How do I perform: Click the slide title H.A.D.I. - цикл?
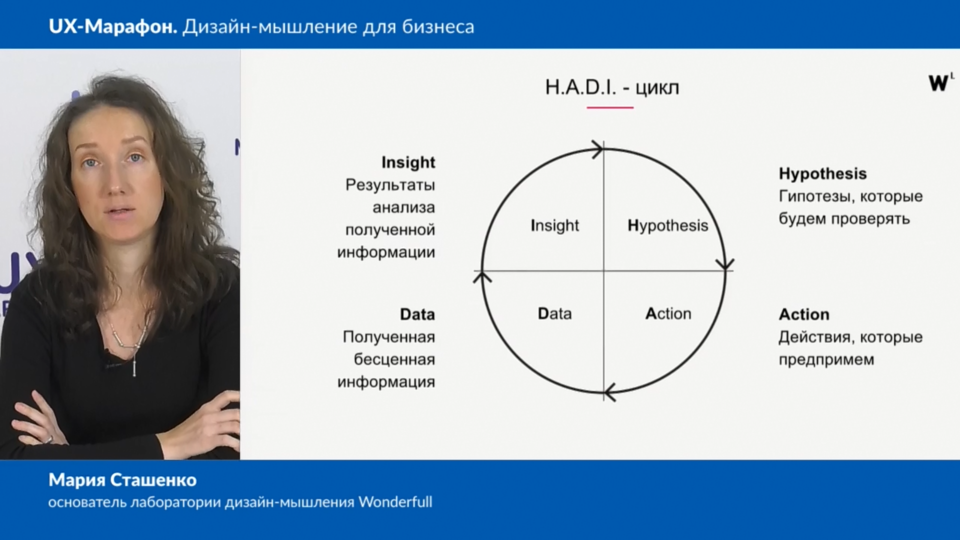coord(612,87)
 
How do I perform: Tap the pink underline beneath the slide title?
coord(610,107)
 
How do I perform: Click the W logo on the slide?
coord(940,82)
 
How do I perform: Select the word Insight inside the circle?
coord(554,225)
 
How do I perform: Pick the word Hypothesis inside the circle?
coord(668,225)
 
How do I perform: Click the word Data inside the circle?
coord(554,313)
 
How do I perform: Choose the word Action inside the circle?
coord(668,313)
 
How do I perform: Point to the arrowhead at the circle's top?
coord(597,149)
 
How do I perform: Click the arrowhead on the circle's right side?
coord(725,264)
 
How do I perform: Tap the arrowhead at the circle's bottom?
coord(610,392)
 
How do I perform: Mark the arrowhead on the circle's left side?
coord(482,277)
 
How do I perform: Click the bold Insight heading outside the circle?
coord(408,162)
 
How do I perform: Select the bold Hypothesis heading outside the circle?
coord(822,173)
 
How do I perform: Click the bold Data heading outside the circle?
coord(417,314)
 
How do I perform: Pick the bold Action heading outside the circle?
coord(804,314)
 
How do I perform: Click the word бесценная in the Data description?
coord(394,359)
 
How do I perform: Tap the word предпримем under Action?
coord(826,360)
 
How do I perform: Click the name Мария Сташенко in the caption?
coord(122,480)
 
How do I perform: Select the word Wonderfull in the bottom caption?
coord(395,501)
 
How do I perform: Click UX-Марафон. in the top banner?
coord(113,26)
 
